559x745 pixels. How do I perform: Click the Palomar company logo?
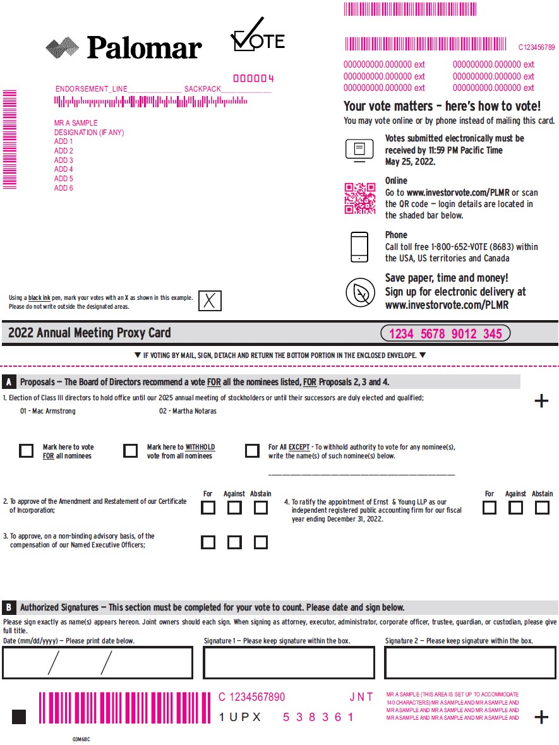pyautogui.click(x=124, y=47)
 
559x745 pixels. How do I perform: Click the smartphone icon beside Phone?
pyautogui.click(x=359, y=247)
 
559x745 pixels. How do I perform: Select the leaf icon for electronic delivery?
pyautogui.click(x=361, y=292)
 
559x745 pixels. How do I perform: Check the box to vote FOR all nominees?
pyautogui.click(x=27, y=451)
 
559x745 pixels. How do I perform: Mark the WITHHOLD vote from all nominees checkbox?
pyautogui.click(x=131, y=451)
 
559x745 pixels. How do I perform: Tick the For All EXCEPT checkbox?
pyautogui.click(x=252, y=451)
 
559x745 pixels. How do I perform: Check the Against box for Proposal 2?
pyautogui.click(x=234, y=508)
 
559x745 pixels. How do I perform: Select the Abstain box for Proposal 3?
pyautogui.click(x=260, y=542)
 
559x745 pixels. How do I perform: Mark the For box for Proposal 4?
pyautogui.click(x=490, y=508)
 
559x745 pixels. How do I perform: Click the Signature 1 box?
pyautogui.click(x=289, y=663)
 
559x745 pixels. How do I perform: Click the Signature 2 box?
pyautogui.click(x=470, y=663)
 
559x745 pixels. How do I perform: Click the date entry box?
pyautogui.click(x=98, y=663)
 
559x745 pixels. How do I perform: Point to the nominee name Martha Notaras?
pyautogui.click(x=188, y=412)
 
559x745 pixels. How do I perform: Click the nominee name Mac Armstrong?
pyautogui.click(x=48, y=412)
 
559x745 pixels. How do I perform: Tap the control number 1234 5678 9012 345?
pyautogui.click(x=445, y=334)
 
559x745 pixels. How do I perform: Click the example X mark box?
pyautogui.click(x=210, y=301)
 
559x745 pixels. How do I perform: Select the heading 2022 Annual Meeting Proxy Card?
pyautogui.click(x=90, y=333)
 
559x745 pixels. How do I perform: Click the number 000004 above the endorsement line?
pyautogui.click(x=253, y=79)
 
